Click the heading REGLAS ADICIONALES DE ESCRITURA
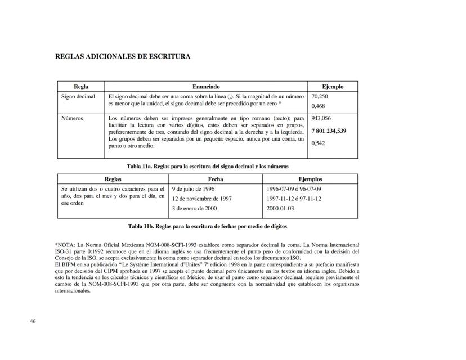[x=123, y=56]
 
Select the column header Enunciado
[x=206, y=87]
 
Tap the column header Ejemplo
[x=332, y=87]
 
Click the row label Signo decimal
[x=78, y=96]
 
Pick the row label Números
[x=73, y=119]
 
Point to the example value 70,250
[x=320, y=96]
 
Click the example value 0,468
[x=318, y=106]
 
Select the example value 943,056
[x=321, y=119]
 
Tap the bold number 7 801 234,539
[x=329, y=130]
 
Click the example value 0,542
[x=318, y=143]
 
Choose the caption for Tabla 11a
[x=207, y=166]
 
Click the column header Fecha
[x=216, y=179]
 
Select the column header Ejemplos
[x=310, y=179]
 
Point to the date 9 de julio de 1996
[x=193, y=188]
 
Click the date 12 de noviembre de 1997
[x=201, y=199]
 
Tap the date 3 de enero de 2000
[x=194, y=209]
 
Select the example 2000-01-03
[x=280, y=209]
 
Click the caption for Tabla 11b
[x=207, y=226]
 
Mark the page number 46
[x=33, y=321]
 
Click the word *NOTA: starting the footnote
[x=66, y=245]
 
